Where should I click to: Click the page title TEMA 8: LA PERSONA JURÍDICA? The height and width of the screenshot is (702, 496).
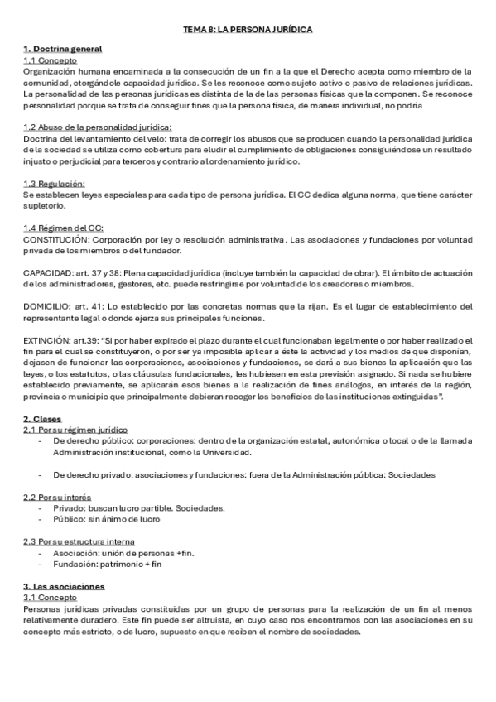point(248,29)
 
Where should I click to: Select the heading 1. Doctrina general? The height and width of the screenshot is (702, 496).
point(57,50)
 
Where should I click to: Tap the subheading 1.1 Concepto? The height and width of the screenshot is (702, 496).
point(50,60)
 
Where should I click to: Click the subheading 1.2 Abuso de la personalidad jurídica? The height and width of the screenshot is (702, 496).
point(98,126)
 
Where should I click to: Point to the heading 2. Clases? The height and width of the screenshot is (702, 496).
point(42,420)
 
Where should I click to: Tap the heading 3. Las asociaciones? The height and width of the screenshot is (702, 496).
point(64,586)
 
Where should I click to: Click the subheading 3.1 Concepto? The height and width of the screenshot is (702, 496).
point(50,596)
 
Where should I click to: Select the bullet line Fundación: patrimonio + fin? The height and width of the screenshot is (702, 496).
point(107,563)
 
